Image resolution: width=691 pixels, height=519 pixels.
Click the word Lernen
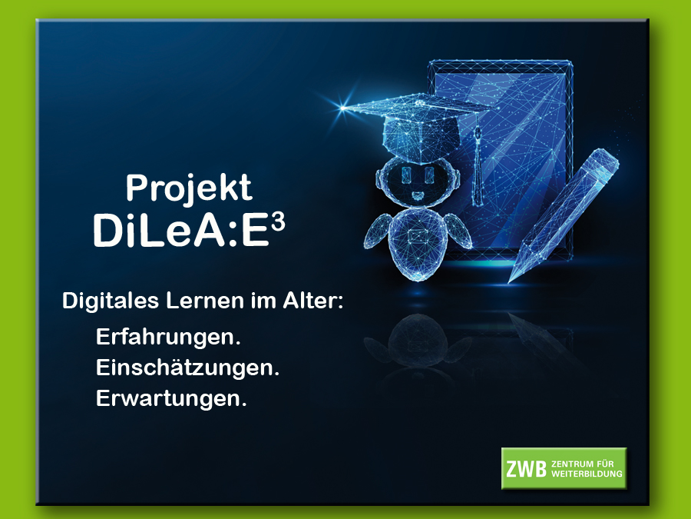pos(205,301)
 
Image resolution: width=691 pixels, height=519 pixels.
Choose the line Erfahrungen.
pos(168,338)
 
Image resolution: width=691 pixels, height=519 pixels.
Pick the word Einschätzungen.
pos(188,368)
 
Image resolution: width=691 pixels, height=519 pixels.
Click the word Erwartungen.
pos(171,398)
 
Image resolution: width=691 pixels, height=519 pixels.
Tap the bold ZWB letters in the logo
pos(526,469)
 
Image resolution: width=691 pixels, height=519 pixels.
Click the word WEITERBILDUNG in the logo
pos(587,474)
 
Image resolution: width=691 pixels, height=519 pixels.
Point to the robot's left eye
pos(406,174)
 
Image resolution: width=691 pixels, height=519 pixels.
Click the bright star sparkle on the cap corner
pos(342,107)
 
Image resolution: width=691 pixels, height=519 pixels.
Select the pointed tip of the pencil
pos(511,280)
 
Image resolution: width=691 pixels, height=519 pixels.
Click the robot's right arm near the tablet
pos(458,231)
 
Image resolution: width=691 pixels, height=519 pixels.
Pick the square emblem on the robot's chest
pos(415,236)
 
